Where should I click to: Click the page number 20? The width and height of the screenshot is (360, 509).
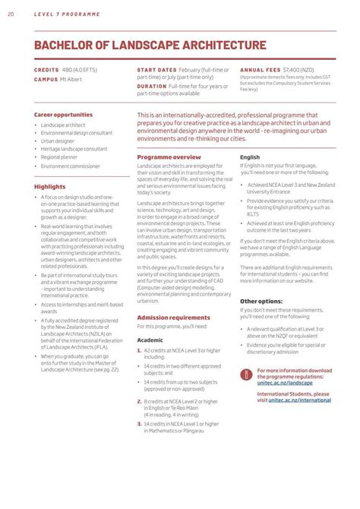[x=10, y=15]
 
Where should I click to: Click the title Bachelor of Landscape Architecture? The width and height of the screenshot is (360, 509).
[x=150, y=46]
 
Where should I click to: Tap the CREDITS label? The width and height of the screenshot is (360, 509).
[x=46, y=69]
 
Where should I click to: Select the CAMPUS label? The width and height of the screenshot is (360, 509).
[x=46, y=78]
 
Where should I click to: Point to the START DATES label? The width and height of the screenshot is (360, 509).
[x=156, y=69]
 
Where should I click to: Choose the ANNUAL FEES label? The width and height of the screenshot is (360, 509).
[x=259, y=69]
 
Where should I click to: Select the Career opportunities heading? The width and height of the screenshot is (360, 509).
[x=63, y=115]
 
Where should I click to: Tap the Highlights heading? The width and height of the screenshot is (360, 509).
[x=50, y=186]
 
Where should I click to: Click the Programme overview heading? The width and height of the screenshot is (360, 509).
[x=169, y=156]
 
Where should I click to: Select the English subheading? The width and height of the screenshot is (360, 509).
[x=250, y=156]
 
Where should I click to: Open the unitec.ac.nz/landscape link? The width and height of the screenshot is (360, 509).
[x=284, y=383]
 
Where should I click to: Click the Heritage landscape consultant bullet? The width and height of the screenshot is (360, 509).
[x=74, y=149]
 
